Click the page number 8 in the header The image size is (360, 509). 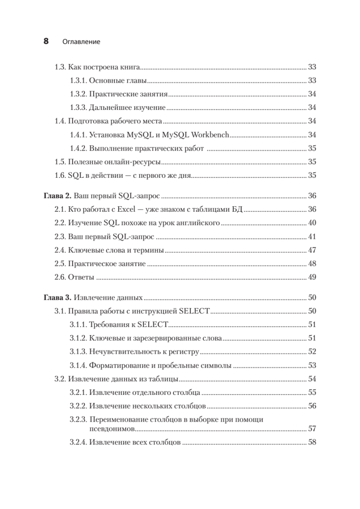pos(46,42)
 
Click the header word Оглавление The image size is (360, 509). pos(81,42)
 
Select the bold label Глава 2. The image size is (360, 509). pos(58,196)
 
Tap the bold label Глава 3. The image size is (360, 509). pos(58,298)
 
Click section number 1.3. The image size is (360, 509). pos(61,67)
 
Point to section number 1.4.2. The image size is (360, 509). pos(78,148)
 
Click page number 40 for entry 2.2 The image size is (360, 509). pos(313,223)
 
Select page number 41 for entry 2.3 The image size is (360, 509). pos(313,237)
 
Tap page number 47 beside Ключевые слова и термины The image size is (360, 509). pos(313,250)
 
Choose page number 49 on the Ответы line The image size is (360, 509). pos(313,278)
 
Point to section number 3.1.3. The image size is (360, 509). pos(78,352)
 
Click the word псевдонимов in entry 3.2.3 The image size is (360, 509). pos(112,429)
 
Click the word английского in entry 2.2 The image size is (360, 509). pos(200,223)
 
